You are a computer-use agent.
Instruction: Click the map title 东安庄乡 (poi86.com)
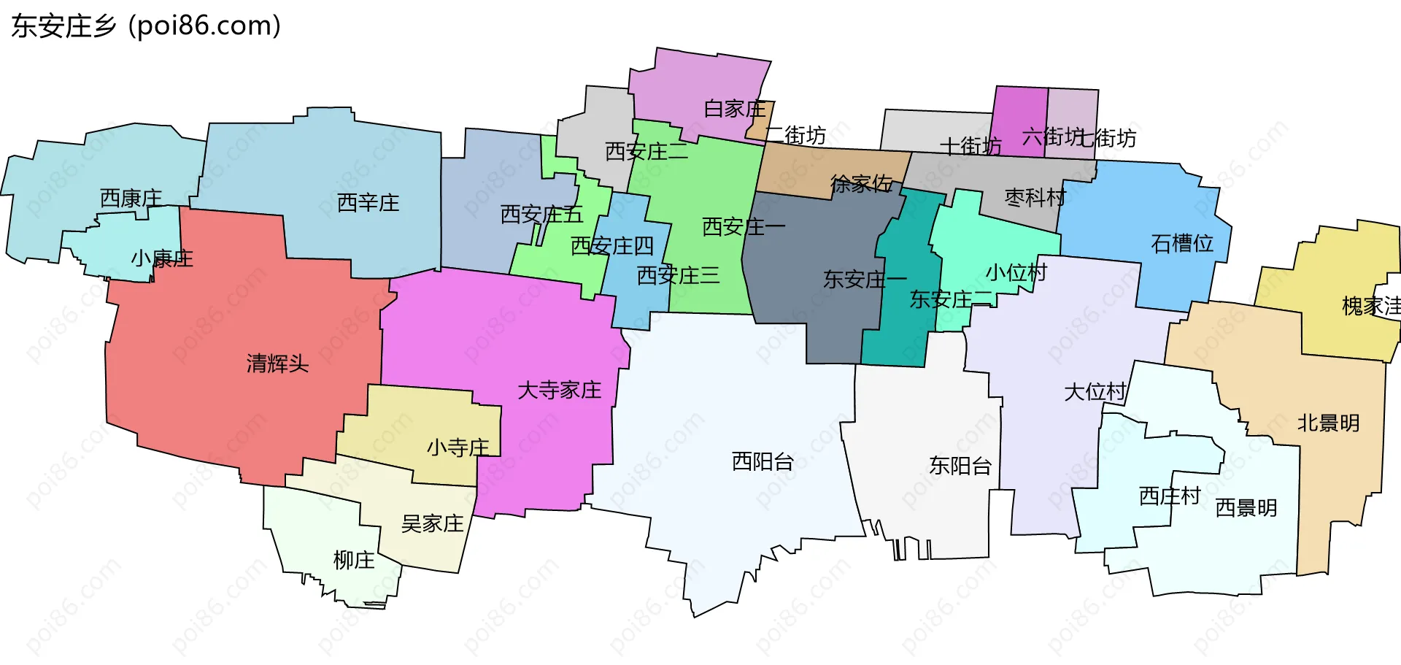tap(146, 26)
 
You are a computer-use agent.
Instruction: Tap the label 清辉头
tap(277, 364)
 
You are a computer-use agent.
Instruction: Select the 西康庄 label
tap(131, 199)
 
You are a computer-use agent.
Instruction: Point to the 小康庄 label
tap(162, 258)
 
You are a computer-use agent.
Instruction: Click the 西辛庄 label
tap(368, 203)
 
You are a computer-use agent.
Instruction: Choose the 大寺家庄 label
tap(559, 391)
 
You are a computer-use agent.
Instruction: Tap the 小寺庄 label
tap(458, 447)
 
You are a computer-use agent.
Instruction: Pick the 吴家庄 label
tap(432, 524)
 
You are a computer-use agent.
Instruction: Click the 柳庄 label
tap(354, 561)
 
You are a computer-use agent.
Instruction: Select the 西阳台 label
tap(763, 462)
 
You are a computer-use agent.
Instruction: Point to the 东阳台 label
tap(960, 466)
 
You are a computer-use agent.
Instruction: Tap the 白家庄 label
tap(734, 109)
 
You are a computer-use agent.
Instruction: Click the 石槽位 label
tap(1182, 244)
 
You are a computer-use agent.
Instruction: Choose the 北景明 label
tap(1328, 423)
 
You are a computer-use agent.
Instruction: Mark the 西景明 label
tap(1246, 508)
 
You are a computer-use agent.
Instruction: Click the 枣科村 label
tap(1035, 198)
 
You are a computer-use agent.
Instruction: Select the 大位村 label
tap(1095, 392)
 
